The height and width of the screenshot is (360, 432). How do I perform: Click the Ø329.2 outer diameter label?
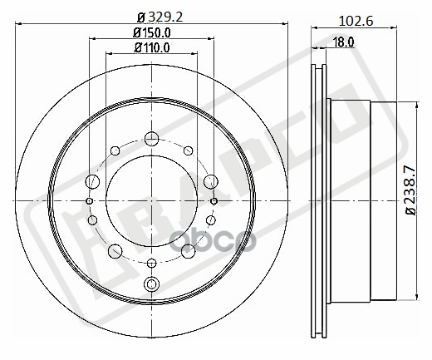151,15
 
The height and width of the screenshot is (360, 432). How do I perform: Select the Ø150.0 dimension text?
151,32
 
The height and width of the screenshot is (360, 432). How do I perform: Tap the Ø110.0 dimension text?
151,47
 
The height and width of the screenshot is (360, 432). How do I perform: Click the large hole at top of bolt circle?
151,139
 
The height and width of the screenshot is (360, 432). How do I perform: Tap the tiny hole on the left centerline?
90,200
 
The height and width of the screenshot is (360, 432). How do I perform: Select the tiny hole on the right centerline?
214,200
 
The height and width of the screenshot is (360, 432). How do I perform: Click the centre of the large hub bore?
151,200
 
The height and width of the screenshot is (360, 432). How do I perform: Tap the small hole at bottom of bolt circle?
151,263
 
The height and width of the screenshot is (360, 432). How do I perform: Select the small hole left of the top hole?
115,151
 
